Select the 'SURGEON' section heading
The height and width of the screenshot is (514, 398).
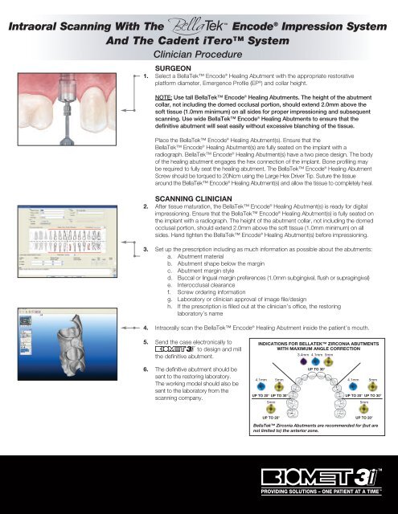coord(175,69)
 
